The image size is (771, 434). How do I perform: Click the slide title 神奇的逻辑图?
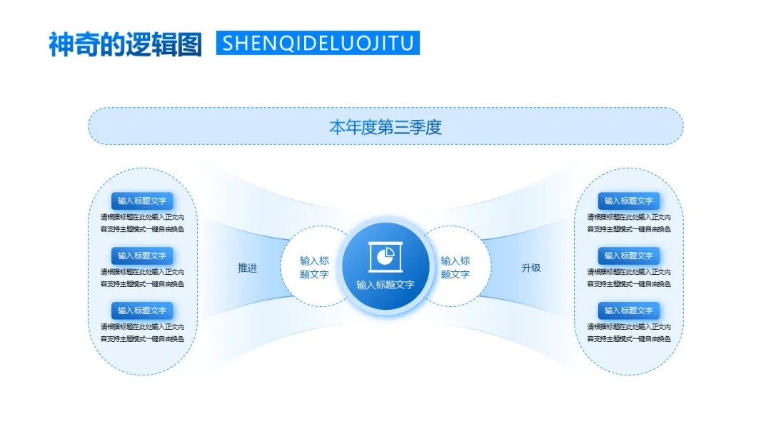click(125, 44)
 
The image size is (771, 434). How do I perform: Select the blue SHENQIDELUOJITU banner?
click(318, 43)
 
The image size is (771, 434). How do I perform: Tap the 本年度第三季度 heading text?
click(385, 127)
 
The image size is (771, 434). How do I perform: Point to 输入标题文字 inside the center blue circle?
click(385, 285)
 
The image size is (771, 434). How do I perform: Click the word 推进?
click(248, 268)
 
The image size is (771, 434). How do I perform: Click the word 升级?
click(531, 268)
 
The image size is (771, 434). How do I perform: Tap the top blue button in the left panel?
click(142, 201)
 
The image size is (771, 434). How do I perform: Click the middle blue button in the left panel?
click(142, 256)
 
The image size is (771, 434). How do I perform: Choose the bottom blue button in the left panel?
click(142, 311)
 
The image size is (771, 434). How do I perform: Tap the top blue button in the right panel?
click(629, 201)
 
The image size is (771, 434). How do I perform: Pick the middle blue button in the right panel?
click(629, 256)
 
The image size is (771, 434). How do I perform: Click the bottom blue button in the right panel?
click(629, 311)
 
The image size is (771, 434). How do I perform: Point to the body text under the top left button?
click(142, 223)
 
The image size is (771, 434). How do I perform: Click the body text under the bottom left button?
click(142, 333)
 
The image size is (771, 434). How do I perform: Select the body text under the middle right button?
click(629, 278)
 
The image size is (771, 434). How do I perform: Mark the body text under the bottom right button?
click(629, 333)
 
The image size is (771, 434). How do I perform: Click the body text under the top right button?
click(629, 223)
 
